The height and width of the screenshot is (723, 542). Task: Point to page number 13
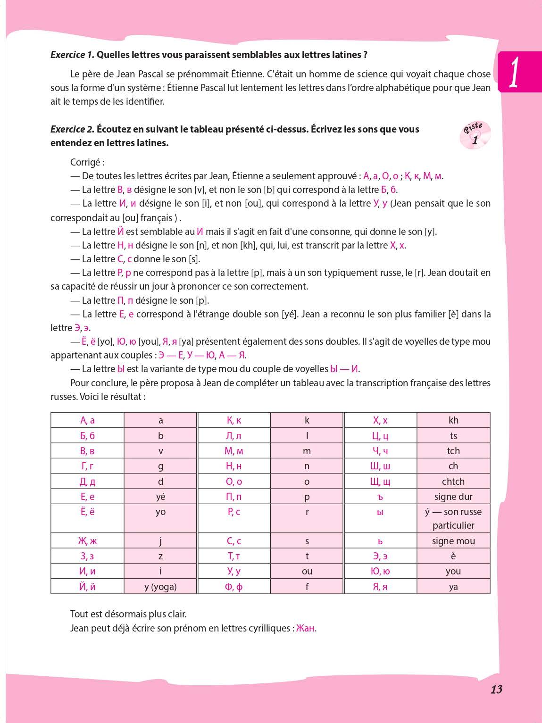coord(496,690)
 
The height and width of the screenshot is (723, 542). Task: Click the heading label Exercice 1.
coord(72,55)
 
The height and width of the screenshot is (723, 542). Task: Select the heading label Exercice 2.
coord(72,129)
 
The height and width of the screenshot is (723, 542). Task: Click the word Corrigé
coord(87,162)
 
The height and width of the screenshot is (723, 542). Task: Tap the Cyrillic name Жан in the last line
coord(305,628)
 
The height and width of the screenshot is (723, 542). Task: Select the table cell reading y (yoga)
coord(160,587)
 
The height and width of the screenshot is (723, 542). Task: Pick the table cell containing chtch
coord(453,482)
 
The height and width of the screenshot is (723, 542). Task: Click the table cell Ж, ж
coord(87,541)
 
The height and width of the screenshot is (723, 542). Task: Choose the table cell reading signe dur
coord(453,497)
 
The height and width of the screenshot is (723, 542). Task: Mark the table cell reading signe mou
coord(453,541)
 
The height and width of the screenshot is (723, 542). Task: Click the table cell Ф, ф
coord(234,587)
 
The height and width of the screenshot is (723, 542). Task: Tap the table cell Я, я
coord(380,587)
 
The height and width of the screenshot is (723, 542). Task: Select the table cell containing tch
coord(453,451)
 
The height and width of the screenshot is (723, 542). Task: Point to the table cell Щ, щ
coord(380,482)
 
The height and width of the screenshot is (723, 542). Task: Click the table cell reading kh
coord(453,420)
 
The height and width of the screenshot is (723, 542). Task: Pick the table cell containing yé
coord(160,497)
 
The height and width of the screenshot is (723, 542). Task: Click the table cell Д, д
coord(87,482)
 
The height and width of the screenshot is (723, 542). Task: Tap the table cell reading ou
coord(307,572)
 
